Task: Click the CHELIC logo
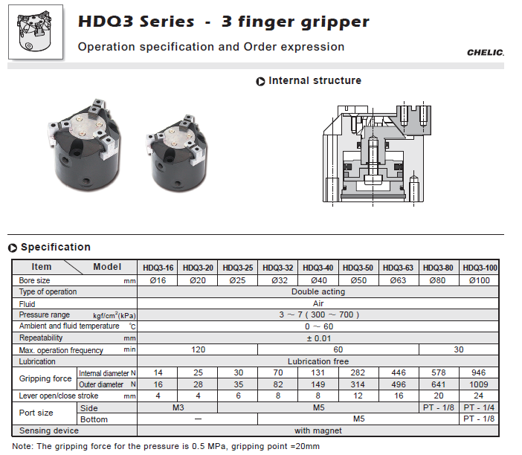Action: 486,53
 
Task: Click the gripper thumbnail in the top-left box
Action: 35,32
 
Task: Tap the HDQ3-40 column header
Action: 318,268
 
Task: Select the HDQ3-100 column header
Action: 480,268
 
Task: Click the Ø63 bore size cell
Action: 398,280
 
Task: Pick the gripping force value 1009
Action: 478,384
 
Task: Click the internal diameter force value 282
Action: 358,372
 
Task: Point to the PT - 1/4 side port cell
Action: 479,407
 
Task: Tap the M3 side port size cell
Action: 178,407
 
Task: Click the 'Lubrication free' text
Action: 318,361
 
